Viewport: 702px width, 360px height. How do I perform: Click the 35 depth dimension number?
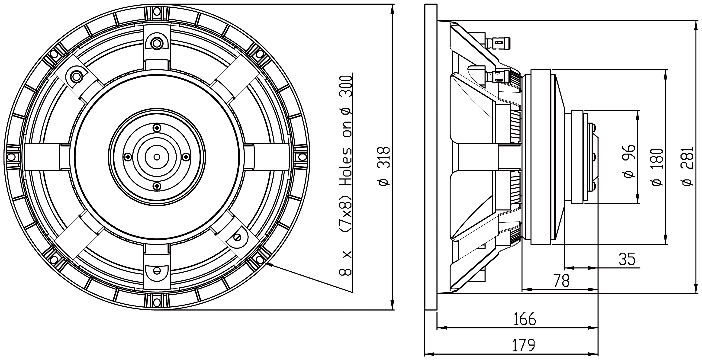(627, 259)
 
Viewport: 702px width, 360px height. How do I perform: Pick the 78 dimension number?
(562, 280)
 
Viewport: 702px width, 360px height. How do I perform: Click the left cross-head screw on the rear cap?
(128, 157)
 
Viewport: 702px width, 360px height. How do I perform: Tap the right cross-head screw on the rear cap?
(186, 157)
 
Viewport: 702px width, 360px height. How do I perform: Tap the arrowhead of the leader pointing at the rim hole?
(268, 264)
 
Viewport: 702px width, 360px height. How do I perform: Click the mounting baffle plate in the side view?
(431, 157)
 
